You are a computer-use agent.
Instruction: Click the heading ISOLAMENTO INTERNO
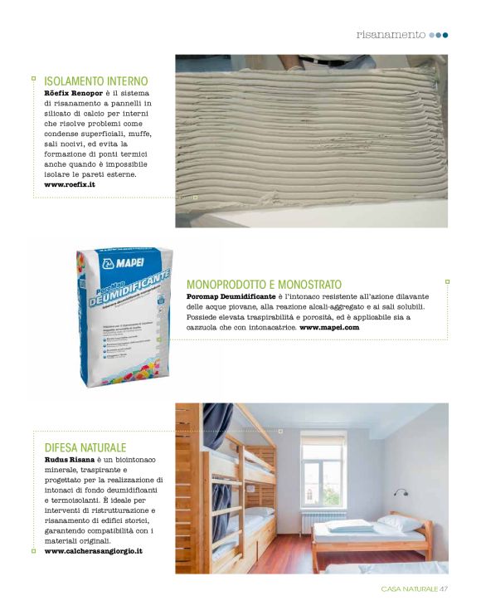[95, 81]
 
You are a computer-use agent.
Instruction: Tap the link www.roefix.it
[69, 184]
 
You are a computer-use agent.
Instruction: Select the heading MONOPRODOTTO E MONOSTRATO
[264, 284]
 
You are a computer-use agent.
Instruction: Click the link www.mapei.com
[329, 328]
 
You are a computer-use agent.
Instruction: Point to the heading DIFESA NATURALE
[85, 447]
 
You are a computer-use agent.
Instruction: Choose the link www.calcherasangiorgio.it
[93, 550]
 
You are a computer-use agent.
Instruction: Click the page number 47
[444, 589]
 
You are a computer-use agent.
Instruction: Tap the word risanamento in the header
[391, 35]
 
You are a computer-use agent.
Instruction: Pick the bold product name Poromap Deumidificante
[236, 296]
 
